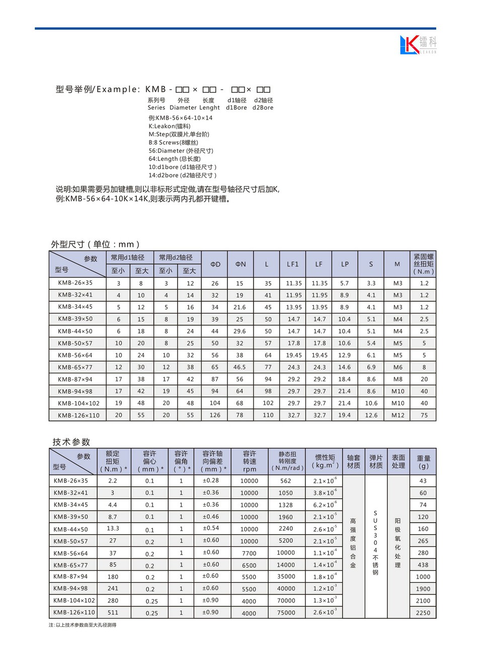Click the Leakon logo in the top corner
[418, 44]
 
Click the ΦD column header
[215, 264]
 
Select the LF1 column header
[293, 264]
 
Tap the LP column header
[345, 264]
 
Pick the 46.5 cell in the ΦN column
[239, 367]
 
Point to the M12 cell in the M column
[397, 415]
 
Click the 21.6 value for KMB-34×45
[239, 307]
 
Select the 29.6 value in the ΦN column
[239, 331]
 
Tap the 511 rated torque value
[113, 612]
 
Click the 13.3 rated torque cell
[113, 528]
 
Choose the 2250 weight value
[423, 613]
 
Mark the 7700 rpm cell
[249, 553]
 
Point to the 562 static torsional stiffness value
[286, 481]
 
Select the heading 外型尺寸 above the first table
[95, 244]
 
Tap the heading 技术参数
[71, 442]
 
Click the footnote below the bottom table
[83, 625]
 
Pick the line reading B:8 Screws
[173, 142]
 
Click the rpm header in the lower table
[250, 469]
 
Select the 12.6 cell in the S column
[371, 415]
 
